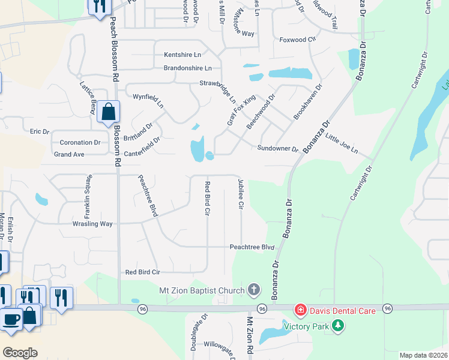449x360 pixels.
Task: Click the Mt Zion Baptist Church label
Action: pos(202,290)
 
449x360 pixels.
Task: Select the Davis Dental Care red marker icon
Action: pos(299,310)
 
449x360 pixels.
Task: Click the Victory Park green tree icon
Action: pos(339,326)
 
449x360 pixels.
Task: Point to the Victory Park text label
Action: pos(307,327)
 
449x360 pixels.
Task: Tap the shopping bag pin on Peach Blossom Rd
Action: pos(108,112)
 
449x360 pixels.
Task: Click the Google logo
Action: pos(20,353)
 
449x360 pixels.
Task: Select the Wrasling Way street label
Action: pos(92,224)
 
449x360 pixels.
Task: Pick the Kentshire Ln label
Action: pos(181,55)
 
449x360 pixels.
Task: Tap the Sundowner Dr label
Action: pos(278,148)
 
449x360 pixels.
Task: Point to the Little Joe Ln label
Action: pos(342,143)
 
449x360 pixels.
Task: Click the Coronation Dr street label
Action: pos(80,142)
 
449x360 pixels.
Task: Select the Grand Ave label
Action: pos(69,154)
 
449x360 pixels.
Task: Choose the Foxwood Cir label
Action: pos(298,40)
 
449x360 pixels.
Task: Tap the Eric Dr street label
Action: pos(39,131)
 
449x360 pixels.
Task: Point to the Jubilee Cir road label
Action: pos(241,193)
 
